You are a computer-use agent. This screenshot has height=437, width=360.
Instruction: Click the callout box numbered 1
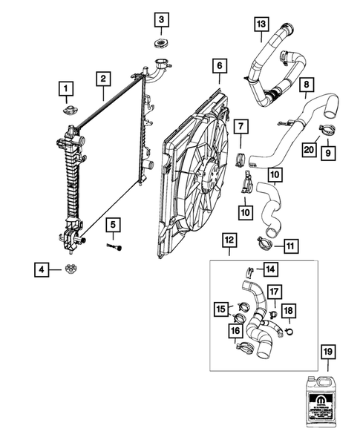click(66, 91)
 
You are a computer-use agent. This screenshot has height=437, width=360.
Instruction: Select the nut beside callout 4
click(72, 268)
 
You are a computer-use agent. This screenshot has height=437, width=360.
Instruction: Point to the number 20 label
click(309, 149)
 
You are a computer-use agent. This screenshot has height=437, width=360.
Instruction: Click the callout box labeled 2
click(102, 77)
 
